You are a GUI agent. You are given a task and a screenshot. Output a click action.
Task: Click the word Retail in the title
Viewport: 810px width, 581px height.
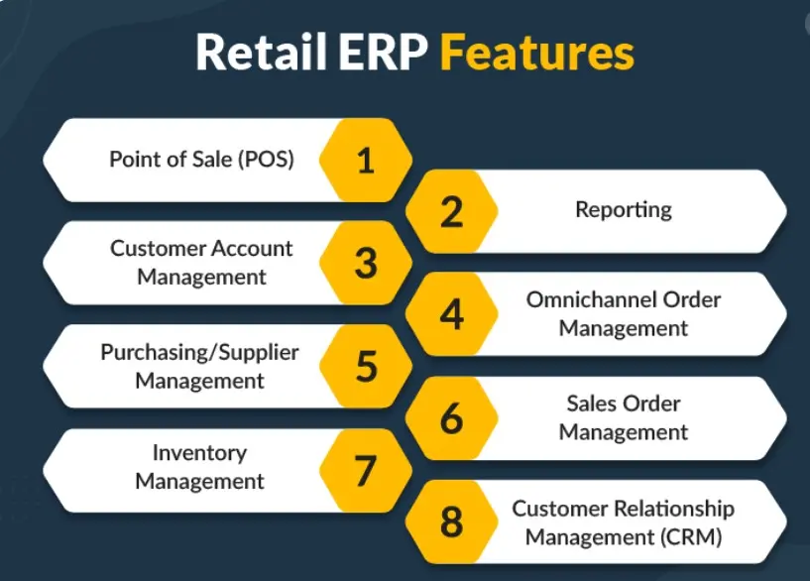(x=262, y=52)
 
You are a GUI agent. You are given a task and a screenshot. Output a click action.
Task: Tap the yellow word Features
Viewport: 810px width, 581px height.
(x=537, y=52)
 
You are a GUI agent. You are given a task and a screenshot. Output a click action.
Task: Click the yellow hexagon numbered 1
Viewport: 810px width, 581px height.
(x=366, y=160)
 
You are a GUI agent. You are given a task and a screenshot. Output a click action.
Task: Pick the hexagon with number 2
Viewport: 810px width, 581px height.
(x=451, y=211)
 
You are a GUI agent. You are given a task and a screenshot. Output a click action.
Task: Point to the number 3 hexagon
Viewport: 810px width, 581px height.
(x=366, y=263)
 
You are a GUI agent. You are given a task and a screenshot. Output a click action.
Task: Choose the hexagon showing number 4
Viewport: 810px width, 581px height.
(x=451, y=313)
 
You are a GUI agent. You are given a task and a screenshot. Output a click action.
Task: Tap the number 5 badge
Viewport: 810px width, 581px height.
(x=366, y=366)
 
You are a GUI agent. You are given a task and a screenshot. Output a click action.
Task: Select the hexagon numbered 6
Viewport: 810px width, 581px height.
(x=451, y=417)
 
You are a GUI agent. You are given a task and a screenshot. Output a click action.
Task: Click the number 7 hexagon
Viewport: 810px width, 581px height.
(x=366, y=471)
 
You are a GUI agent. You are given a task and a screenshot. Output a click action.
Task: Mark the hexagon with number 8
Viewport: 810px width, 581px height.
(x=451, y=522)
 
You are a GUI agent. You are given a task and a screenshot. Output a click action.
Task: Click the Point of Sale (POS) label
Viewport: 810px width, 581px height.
(x=201, y=159)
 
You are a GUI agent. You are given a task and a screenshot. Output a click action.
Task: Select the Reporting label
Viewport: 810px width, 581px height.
(x=624, y=210)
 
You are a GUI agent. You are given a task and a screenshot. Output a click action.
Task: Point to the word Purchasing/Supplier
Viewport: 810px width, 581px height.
(x=199, y=353)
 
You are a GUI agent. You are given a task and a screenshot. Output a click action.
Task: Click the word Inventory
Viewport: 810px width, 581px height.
(x=199, y=453)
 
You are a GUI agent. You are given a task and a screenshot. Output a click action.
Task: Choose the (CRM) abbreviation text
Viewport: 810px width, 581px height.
(x=691, y=536)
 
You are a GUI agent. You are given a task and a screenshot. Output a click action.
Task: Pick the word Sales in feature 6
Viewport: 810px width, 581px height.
(x=593, y=404)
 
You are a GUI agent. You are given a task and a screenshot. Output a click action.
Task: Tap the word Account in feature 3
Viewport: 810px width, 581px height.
(x=252, y=249)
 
